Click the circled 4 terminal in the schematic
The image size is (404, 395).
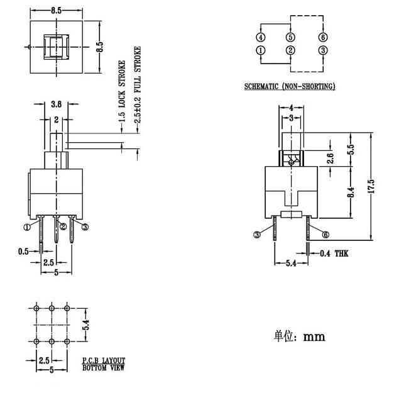261,37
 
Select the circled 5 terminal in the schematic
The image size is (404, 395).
290,37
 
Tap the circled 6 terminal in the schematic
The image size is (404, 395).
323,37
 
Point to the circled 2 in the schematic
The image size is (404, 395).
290,50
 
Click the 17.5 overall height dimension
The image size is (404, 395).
371,186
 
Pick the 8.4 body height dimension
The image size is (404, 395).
351,192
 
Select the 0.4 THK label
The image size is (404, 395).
334,253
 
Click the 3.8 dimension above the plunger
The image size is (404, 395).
56,104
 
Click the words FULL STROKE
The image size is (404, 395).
138,70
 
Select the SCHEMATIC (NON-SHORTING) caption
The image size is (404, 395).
290,86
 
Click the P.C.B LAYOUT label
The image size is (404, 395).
104,360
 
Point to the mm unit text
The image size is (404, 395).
314,337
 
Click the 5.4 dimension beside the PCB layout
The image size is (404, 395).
86,325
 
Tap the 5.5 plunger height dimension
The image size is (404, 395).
351,149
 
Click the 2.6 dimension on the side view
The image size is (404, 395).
330,158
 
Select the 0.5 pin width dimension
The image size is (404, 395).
23,252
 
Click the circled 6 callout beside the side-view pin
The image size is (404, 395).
325,235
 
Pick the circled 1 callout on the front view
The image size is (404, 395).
27,227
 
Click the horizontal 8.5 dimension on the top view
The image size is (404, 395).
57,11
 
